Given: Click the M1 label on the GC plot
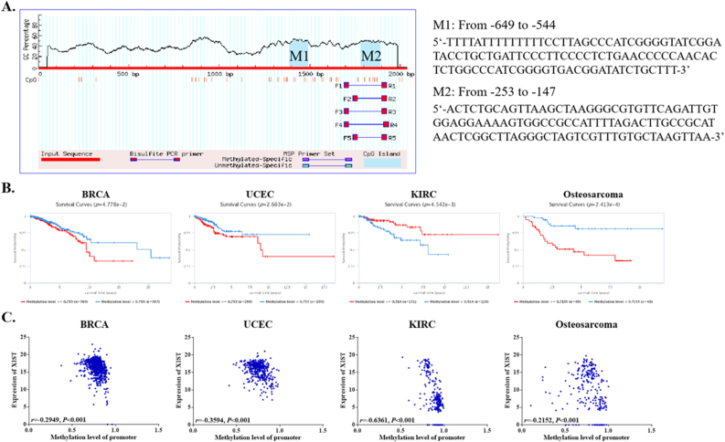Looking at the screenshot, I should (x=299, y=56).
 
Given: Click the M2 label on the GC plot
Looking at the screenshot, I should (x=370, y=56).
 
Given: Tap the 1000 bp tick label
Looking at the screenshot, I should (x=215, y=73).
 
